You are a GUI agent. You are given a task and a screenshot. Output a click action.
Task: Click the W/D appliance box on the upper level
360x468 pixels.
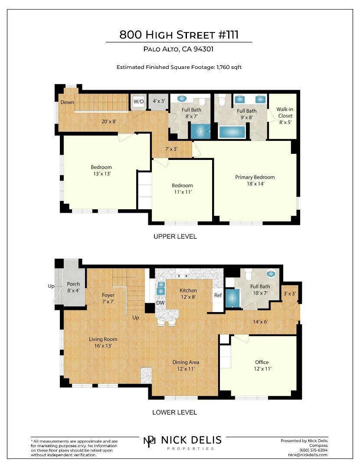click(x=139, y=101)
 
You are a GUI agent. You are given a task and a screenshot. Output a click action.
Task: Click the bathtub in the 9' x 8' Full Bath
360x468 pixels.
click(x=232, y=132)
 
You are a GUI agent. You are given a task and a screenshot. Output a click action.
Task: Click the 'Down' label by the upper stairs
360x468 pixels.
click(x=67, y=102)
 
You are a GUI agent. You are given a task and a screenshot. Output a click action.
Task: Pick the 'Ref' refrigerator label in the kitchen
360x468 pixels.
click(x=218, y=295)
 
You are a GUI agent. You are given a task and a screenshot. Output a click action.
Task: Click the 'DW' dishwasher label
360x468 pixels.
click(x=160, y=302)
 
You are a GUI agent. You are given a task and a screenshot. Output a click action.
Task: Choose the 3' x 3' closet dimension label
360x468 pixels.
click(x=289, y=294)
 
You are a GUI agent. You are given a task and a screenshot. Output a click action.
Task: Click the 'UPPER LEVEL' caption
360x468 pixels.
click(x=175, y=237)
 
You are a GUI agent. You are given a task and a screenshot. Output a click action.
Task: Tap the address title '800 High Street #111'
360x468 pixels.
click(x=179, y=35)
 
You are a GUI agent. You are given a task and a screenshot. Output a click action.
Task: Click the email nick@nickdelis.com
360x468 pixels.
click(x=308, y=455)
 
